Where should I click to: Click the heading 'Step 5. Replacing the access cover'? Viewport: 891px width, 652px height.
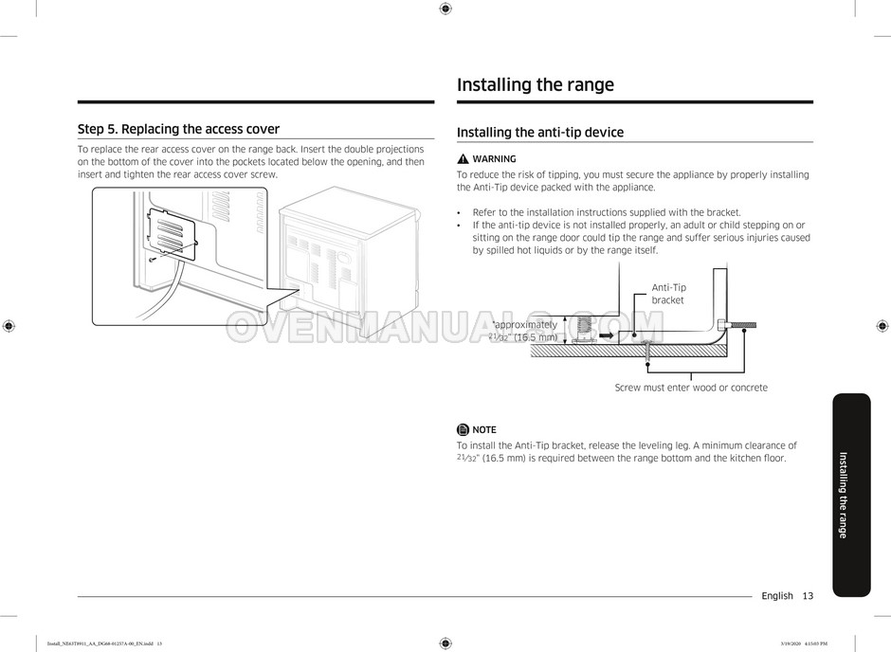[178, 129]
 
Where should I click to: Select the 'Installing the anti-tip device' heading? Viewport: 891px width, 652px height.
[540, 133]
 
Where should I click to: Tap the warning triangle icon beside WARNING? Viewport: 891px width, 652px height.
[463, 159]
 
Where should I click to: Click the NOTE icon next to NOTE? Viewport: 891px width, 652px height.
[463, 429]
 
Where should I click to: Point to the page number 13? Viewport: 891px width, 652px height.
[807, 596]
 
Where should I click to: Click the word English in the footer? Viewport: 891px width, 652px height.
[776, 596]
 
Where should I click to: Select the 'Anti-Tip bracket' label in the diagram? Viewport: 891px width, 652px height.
[668, 294]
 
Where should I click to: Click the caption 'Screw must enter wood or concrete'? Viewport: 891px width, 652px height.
[691, 388]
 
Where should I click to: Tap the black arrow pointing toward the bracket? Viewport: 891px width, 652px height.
[607, 335]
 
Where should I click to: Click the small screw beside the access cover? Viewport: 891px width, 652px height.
[153, 258]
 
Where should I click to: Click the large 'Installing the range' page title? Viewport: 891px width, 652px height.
[536, 84]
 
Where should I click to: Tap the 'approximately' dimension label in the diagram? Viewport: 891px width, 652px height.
[526, 325]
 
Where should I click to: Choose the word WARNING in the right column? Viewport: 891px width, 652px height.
[494, 159]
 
